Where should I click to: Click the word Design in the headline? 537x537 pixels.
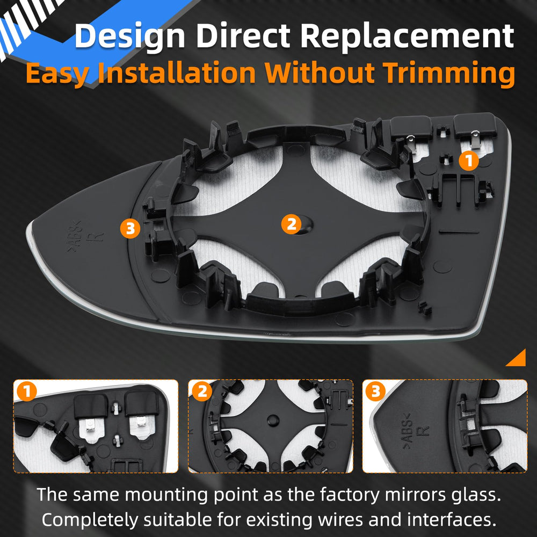[x=130, y=37]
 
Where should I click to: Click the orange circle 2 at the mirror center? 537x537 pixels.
[x=291, y=224]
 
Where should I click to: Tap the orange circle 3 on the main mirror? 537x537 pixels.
[x=130, y=228]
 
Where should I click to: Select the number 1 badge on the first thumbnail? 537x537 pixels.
[x=26, y=391]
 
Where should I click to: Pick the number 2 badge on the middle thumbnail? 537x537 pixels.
[x=202, y=391]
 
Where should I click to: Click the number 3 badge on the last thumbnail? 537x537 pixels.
[x=375, y=391]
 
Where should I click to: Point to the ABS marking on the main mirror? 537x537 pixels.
[x=74, y=236]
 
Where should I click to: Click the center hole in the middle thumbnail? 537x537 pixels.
[x=273, y=420]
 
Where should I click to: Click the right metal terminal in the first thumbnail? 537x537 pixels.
[x=140, y=426]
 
